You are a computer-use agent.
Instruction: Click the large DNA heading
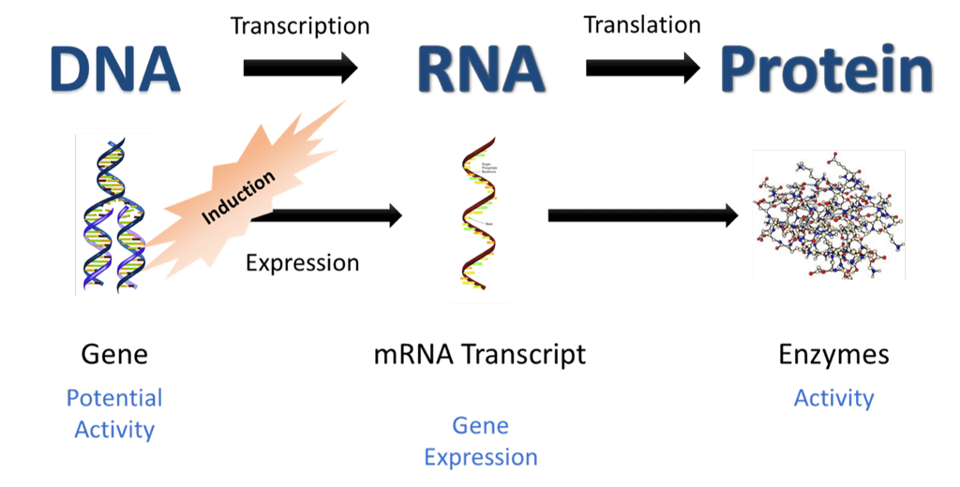pyautogui.click(x=115, y=68)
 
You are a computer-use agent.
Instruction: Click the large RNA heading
pyautogui.click(x=480, y=68)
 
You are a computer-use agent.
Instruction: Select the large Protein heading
pyautogui.click(x=827, y=70)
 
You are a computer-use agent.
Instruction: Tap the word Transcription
pyautogui.click(x=300, y=25)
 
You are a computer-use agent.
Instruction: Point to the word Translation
pyautogui.click(x=642, y=24)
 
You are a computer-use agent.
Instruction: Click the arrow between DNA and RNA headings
pyautogui.click(x=300, y=67)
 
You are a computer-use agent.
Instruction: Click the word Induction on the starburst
pyautogui.click(x=238, y=198)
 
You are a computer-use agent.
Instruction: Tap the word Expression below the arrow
pyautogui.click(x=302, y=263)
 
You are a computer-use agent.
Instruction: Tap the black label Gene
pyautogui.click(x=114, y=355)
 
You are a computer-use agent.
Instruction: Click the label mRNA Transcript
pyautogui.click(x=480, y=355)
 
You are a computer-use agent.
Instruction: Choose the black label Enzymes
pyautogui.click(x=833, y=355)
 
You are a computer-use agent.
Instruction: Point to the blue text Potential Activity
pyautogui.click(x=114, y=414)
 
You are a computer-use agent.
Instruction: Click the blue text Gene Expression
pyautogui.click(x=481, y=441)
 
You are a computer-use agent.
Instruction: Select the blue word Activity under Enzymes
pyautogui.click(x=833, y=398)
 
